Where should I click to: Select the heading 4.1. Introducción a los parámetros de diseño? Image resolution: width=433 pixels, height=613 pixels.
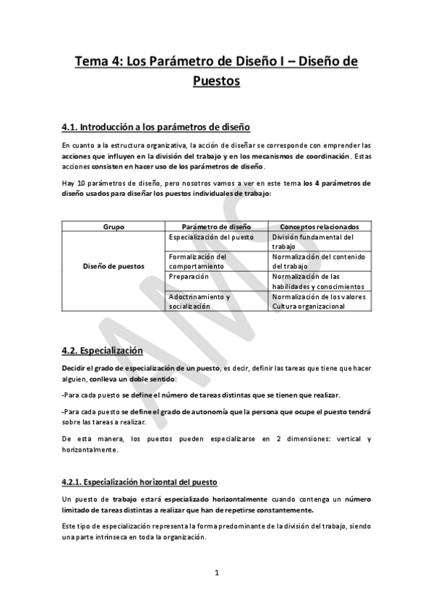156,127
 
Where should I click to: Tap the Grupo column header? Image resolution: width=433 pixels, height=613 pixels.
114,226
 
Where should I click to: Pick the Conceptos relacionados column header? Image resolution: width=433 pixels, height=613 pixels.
320,226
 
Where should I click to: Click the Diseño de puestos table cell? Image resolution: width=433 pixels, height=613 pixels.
114,266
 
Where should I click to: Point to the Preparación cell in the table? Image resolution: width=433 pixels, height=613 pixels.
189,276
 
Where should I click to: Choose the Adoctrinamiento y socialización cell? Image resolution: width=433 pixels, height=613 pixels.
199,301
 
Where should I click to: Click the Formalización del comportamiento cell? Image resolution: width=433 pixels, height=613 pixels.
197,261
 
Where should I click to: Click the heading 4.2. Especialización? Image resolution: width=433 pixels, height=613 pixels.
102,351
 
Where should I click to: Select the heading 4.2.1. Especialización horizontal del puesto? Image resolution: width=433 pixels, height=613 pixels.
140,481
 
